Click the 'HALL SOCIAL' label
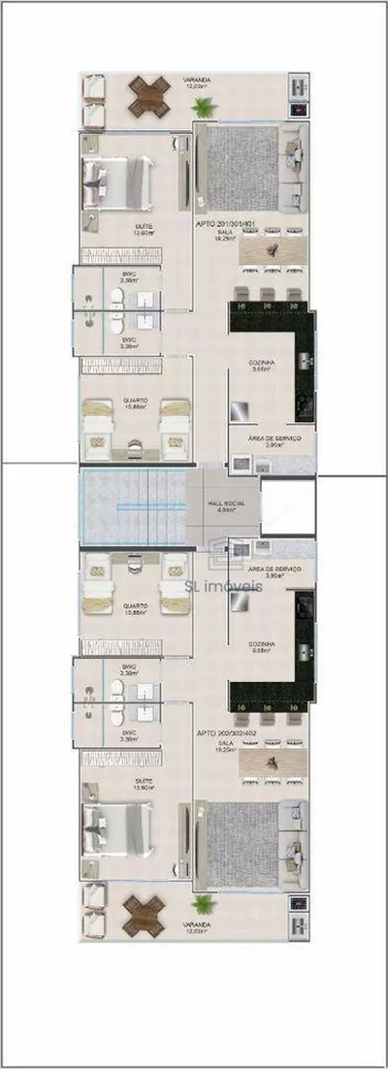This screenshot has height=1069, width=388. [227, 504]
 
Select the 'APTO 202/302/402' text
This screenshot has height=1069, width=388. [226, 733]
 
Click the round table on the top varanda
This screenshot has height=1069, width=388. [148, 97]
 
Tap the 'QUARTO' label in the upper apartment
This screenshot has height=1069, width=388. [135, 399]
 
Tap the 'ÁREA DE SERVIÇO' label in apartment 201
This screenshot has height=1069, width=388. [275, 438]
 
